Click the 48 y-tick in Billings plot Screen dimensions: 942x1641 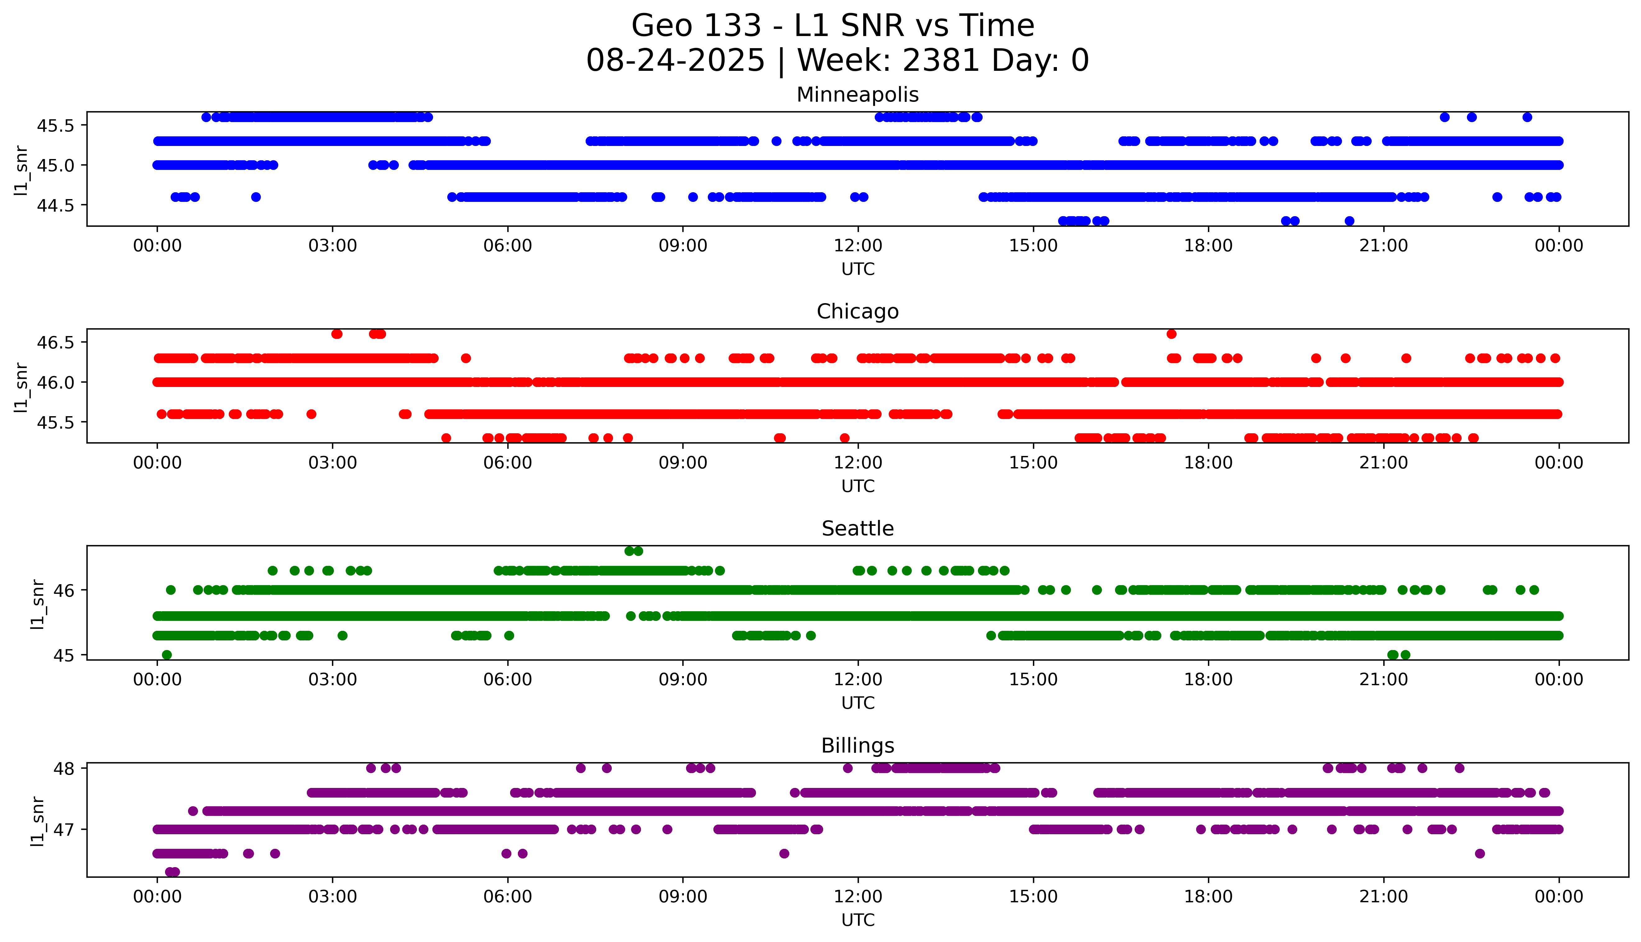[x=65, y=769]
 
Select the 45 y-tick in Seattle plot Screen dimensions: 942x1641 [x=65, y=655]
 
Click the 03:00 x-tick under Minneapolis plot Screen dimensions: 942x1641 [x=333, y=246]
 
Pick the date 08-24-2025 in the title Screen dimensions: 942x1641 [x=675, y=61]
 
